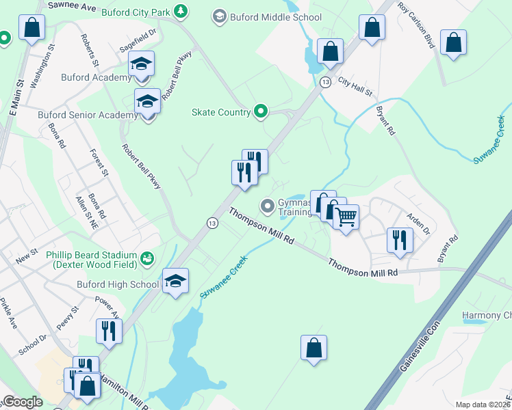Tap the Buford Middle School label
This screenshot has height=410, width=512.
tap(277, 17)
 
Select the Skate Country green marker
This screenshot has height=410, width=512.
tap(261, 110)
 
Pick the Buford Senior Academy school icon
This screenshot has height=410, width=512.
tap(146, 102)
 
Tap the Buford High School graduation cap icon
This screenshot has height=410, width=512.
tap(175, 281)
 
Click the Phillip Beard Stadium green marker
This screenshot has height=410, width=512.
tap(147, 258)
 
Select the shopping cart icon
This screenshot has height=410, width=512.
tap(346, 217)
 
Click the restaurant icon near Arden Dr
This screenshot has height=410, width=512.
tap(398, 240)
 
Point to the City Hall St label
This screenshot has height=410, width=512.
tap(354, 85)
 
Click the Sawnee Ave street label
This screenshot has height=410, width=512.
tap(71, 5)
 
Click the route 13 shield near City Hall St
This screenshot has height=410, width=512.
tap(325, 82)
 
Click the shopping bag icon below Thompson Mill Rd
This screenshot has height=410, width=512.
tap(313, 347)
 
